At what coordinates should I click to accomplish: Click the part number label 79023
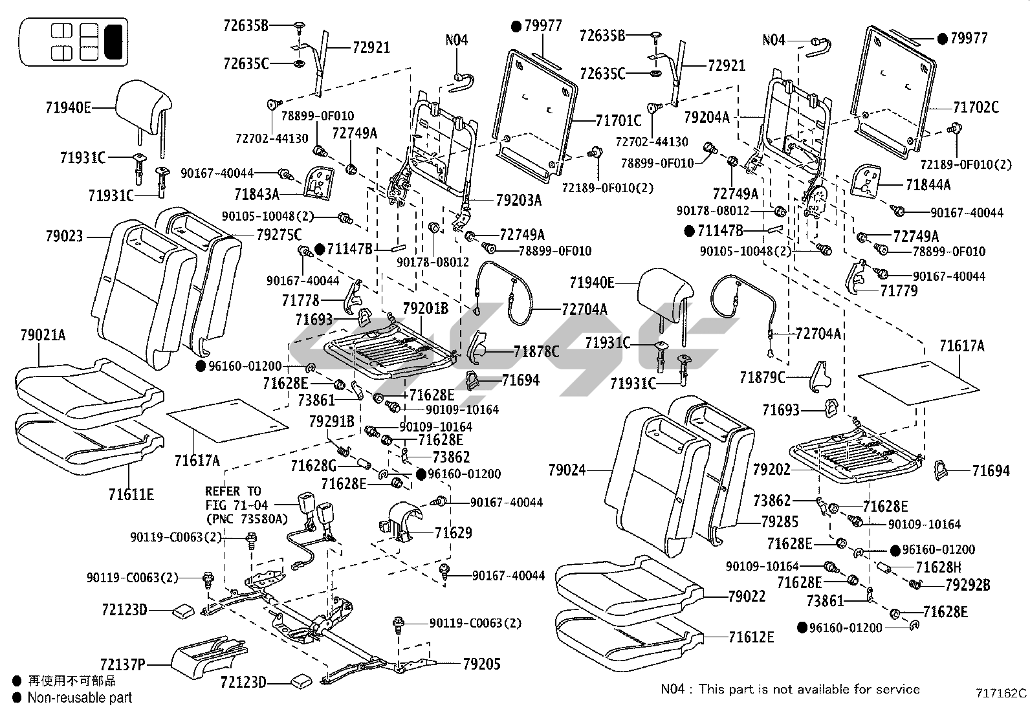point(64,237)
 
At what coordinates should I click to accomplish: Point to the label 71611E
point(131,495)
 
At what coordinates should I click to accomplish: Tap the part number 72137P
point(123,664)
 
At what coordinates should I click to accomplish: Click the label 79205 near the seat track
point(481,664)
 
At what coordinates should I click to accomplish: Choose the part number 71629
point(453,533)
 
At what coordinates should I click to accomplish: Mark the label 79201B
point(425,309)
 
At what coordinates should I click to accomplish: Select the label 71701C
point(618,120)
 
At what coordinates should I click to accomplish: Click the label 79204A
point(707,117)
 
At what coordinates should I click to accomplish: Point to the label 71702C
point(976,107)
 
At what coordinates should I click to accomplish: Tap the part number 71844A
point(928,185)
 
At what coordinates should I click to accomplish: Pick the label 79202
point(771,469)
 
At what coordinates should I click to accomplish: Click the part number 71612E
point(751,637)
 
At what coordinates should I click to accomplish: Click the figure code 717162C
point(1001,693)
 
